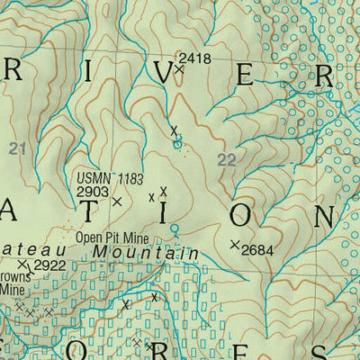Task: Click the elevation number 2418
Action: click(195, 58)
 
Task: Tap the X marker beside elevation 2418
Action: click(178, 68)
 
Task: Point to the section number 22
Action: click(228, 160)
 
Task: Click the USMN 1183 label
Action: click(109, 179)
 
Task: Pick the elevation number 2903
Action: click(92, 192)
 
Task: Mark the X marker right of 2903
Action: click(116, 202)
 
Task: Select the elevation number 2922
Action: click(49, 265)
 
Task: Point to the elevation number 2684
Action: click(257, 247)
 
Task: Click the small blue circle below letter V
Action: click(177, 142)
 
